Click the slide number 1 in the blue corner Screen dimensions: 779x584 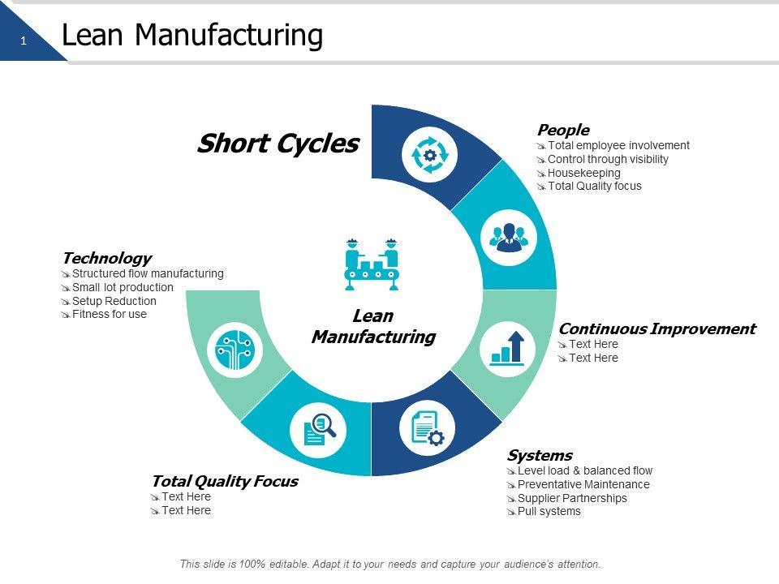coord(24,41)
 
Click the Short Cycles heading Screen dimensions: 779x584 coord(278,144)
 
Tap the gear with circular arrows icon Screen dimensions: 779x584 coord(430,155)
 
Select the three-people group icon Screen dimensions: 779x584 coord(509,238)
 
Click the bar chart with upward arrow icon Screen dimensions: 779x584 coord(507,349)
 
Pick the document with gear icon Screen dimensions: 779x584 coord(428,428)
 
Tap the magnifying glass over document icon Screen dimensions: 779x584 coord(318,430)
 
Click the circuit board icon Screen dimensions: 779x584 coord(235,350)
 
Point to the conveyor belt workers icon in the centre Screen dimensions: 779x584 coord(372,264)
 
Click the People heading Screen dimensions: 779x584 coord(563,130)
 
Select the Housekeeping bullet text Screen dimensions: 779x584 coord(583,173)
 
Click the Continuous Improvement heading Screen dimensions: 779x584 coord(656,328)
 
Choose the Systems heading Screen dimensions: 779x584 coord(540,455)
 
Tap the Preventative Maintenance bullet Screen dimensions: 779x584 coord(583,484)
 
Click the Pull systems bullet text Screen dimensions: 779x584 coord(549,512)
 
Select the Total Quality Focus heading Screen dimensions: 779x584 coord(225,481)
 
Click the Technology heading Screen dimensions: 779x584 coord(107,258)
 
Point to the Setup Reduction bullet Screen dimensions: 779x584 coord(114,301)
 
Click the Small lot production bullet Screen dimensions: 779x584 coord(123,287)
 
